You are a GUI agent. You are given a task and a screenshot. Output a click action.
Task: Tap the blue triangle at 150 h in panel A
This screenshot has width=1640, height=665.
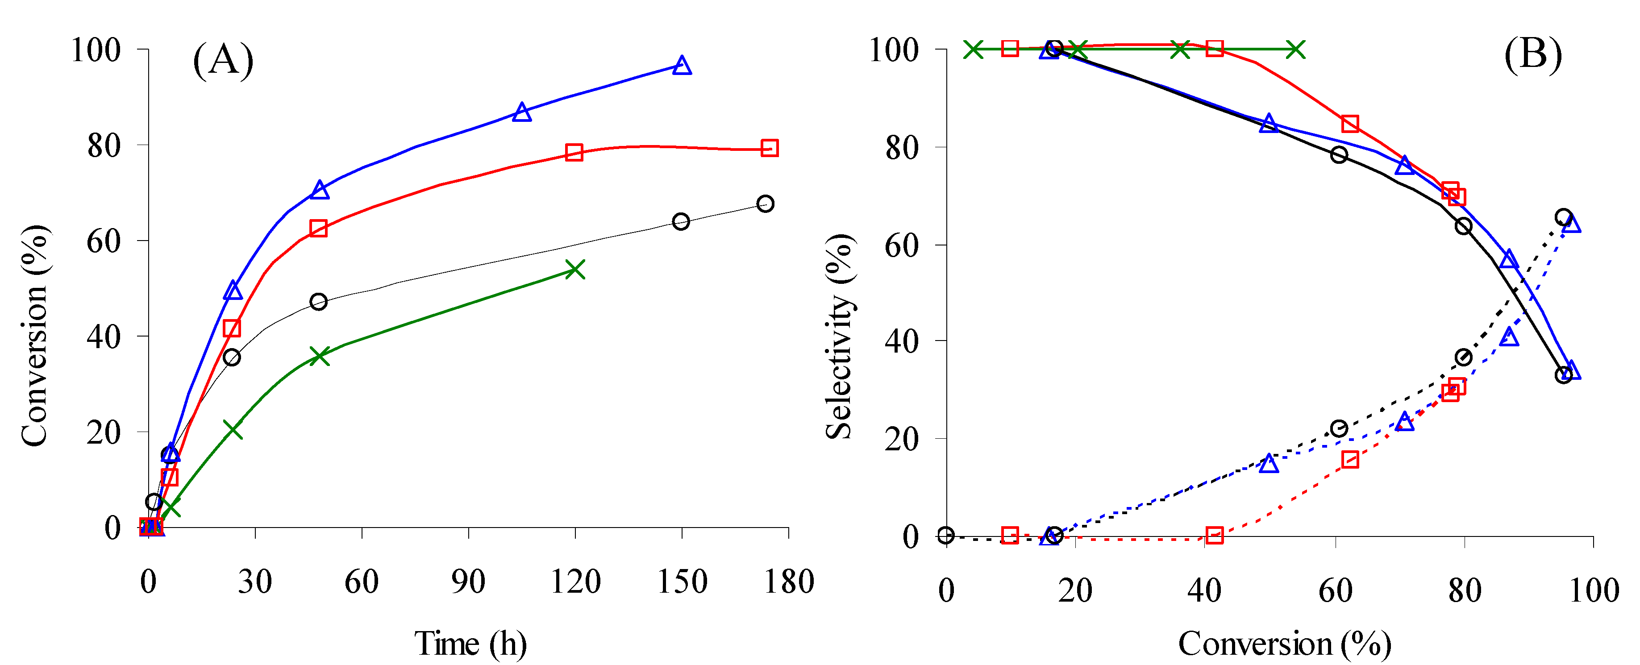click(682, 65)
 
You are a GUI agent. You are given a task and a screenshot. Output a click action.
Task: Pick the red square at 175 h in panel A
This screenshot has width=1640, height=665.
click(769, 148)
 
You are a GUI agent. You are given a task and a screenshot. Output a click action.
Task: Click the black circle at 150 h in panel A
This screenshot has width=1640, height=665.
click(681, 221)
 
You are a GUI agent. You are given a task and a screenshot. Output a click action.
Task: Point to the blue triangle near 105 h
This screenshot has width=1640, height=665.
click(521, 112)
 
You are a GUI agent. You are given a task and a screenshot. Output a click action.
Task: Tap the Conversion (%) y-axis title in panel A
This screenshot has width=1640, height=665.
click(34, 336)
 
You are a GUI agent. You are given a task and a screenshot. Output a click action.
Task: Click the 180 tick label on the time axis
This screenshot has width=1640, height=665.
click(789, 582)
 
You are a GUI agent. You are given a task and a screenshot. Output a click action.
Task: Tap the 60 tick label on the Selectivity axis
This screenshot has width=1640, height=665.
click(902, 245)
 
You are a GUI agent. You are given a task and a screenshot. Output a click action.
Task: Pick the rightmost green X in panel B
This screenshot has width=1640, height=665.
click(1295, 49)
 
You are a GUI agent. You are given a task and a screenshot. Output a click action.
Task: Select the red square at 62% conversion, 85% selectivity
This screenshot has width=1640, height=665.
click(1350, 124)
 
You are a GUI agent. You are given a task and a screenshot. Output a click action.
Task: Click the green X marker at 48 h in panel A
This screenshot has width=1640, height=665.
click(319, 356)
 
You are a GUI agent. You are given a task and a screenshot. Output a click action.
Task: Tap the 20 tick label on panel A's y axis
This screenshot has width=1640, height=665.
click(103, 433)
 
